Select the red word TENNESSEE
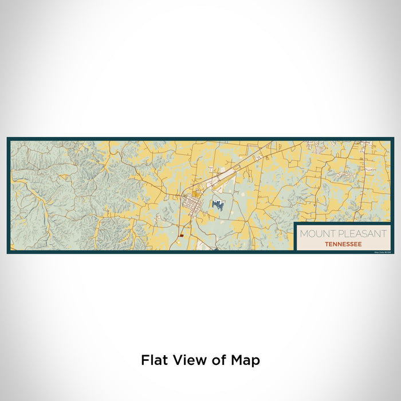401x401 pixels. (343, 243)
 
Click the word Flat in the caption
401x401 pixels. (154, 360)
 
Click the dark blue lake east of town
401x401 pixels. (217, 203)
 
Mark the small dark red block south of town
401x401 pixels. (181, 235)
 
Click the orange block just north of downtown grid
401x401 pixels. (196, 194)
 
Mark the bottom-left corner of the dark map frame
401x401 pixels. (8, 252)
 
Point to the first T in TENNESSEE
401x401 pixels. (326, 243)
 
